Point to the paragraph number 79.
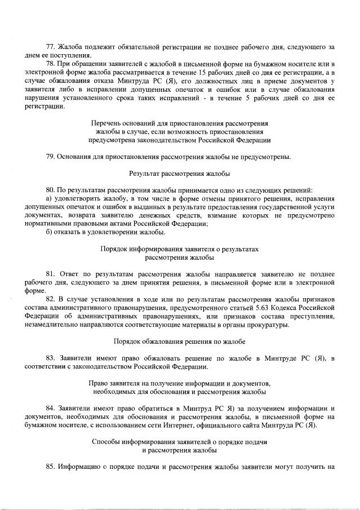[x=50, y=156]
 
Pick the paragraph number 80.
[x=50, y=190]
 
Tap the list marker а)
[x=49, y=198]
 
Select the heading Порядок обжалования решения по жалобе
[x=180, y=342]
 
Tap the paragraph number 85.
[x=50, y=467]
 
